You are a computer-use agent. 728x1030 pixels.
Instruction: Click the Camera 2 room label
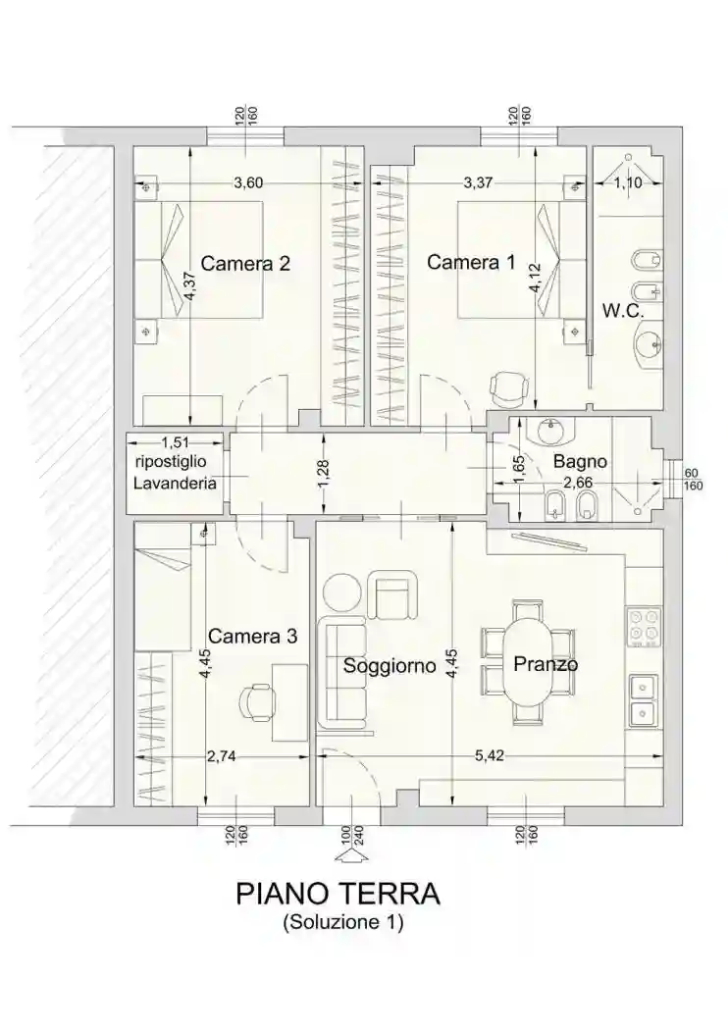click(245, 264)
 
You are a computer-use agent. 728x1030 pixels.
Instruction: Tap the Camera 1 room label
click(471, 262)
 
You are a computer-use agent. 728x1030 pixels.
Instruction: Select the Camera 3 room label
click(252, 636)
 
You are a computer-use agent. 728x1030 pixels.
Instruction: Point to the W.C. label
click(623, 311)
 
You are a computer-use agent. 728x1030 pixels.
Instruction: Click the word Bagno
click(580, 461)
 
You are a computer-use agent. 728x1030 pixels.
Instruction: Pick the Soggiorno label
click(390, 666)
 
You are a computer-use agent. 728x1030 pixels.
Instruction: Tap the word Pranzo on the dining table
click(546, 663)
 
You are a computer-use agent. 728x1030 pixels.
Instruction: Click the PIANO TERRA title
click(338, 894)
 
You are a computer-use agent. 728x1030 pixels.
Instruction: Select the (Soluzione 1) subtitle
click(343, 922)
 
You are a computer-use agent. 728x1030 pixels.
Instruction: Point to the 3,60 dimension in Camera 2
click(248, 182)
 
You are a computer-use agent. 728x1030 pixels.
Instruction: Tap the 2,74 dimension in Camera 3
click(221, 756)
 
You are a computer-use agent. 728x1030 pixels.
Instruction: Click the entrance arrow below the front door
click(351, 854)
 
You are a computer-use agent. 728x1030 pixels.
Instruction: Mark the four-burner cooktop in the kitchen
click(644, 628)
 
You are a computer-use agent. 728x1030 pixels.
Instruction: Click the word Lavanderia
click(175, 484)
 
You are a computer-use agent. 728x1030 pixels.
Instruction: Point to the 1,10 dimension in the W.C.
click(628, 182)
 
